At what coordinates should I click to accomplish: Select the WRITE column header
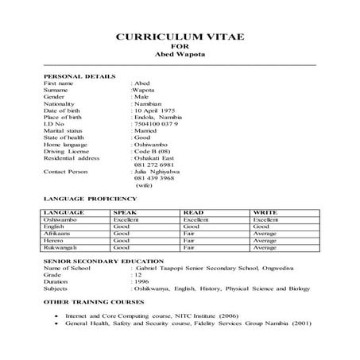tap(265, 212)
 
